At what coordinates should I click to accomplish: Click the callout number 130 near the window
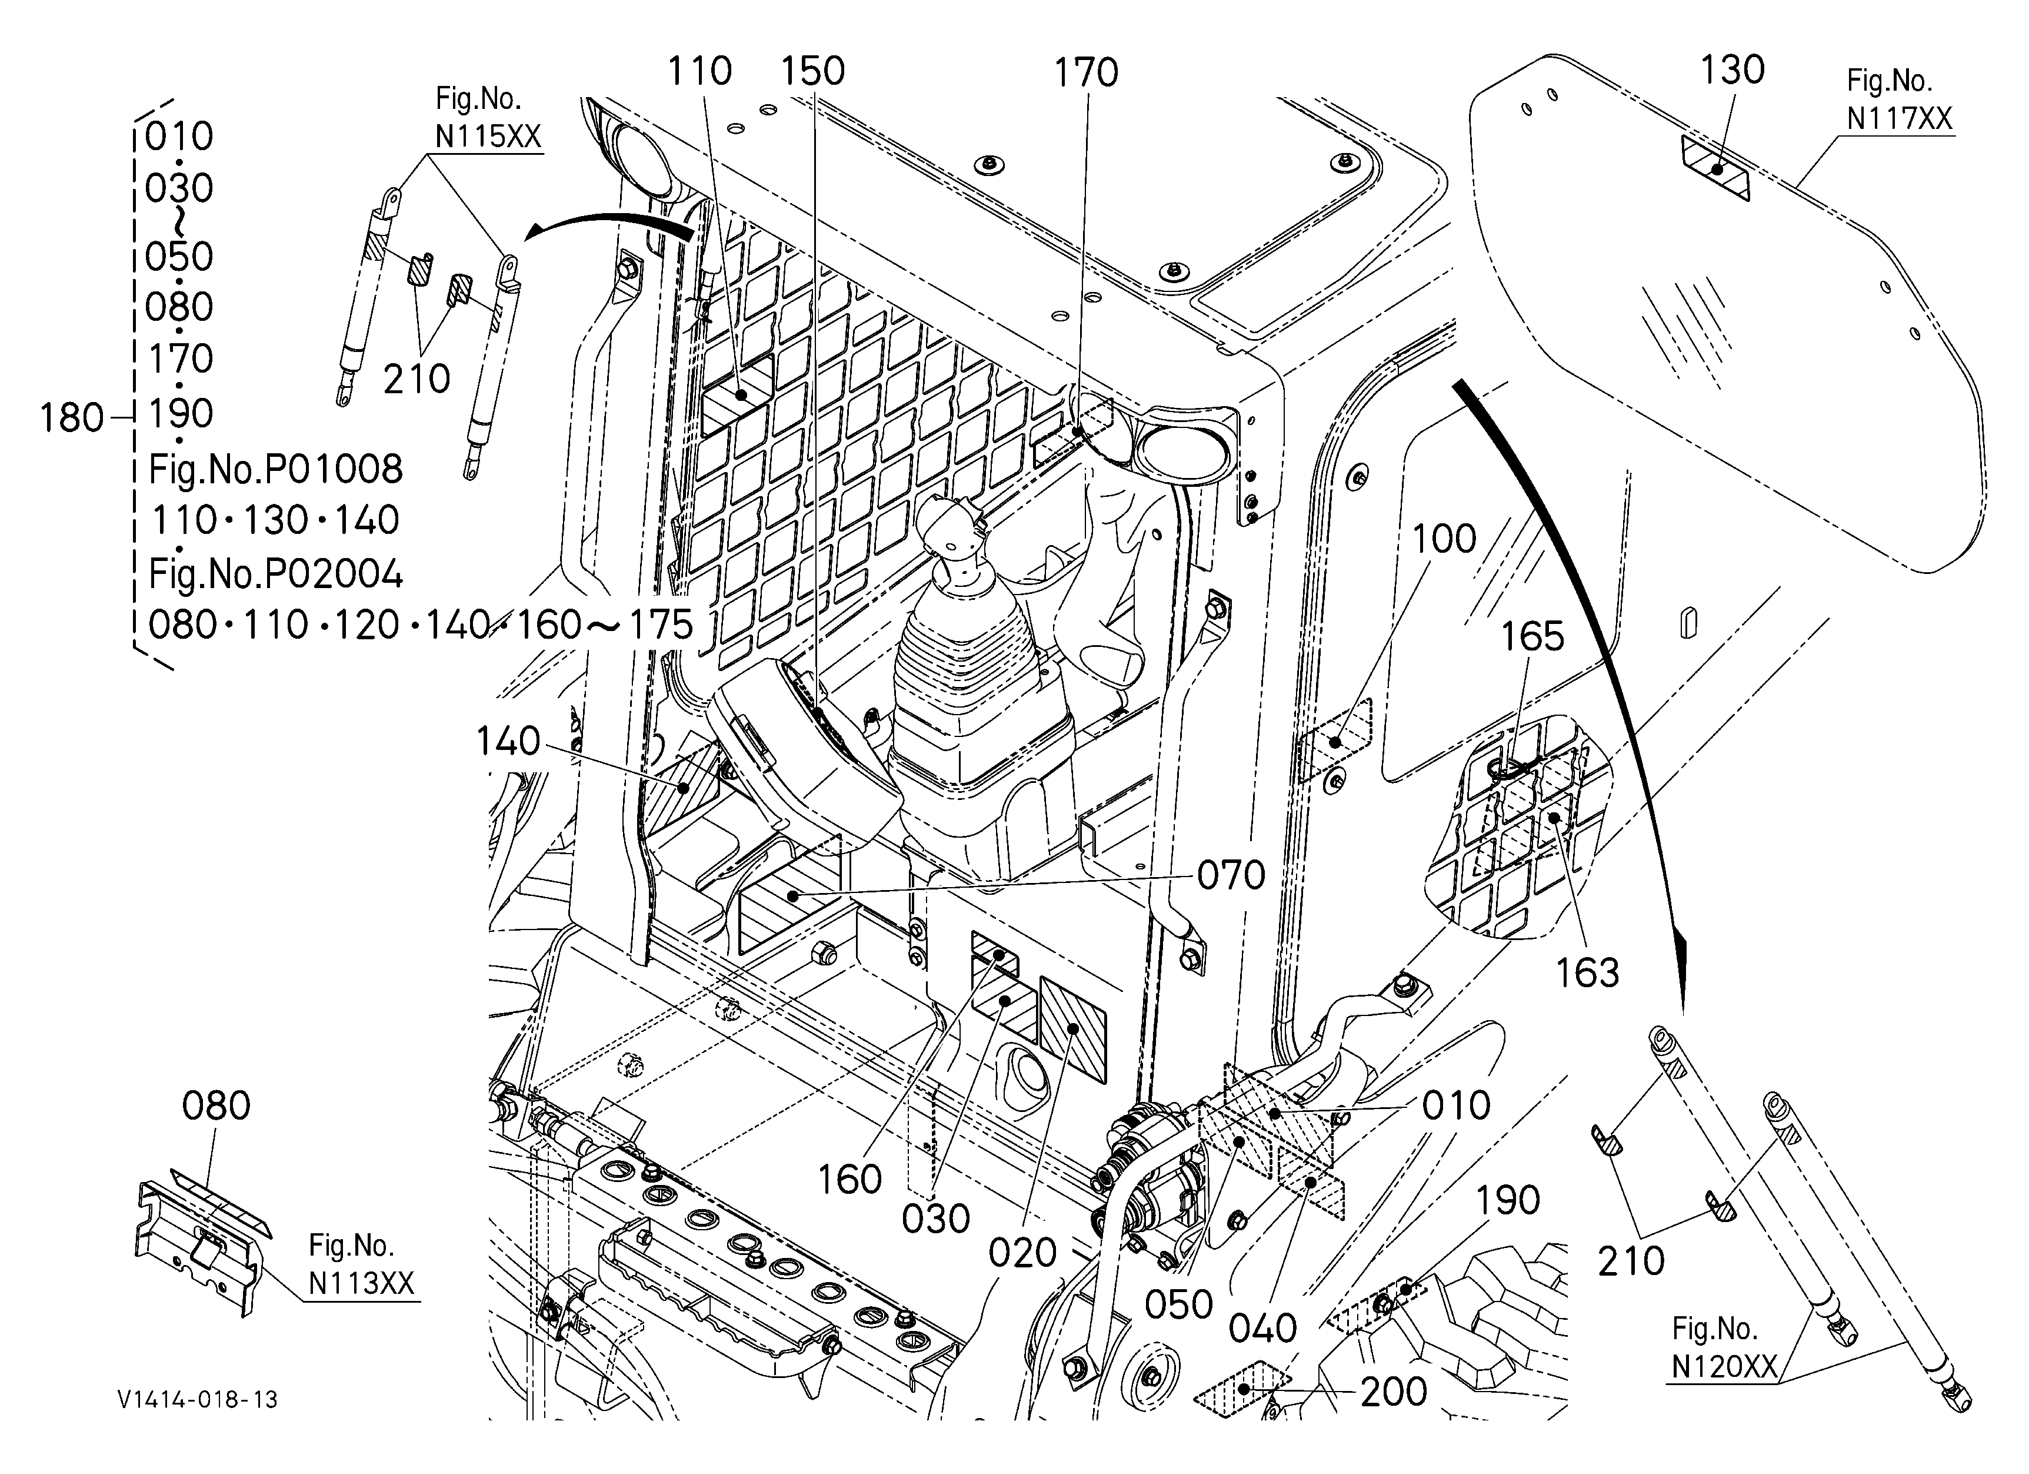click(x=1732, y=70)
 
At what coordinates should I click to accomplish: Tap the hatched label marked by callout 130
click(x=1715, y=168)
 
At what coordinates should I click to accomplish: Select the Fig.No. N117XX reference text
click(x=1899, y=100)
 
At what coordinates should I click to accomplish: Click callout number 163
click(x=1587, y=973)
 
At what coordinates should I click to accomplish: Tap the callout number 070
click(x=1231, y=875)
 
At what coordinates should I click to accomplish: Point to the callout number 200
click(x=1394, y=1392)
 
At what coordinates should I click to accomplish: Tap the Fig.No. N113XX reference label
click(x=361, y=1264)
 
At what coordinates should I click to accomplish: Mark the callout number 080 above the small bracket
click(x=216, y=1106)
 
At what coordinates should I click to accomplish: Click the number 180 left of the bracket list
click(x=72, y=418)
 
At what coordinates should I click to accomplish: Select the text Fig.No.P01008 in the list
click(x=275, y=469)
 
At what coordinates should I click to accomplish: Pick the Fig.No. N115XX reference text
click(x=488, y=117)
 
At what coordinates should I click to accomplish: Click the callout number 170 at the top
click(x=1085, y=72)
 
